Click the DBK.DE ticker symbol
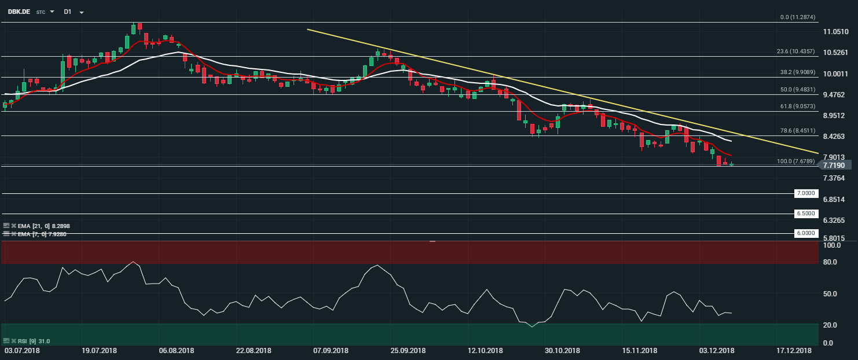(19, 12)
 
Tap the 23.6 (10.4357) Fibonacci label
(796, 52)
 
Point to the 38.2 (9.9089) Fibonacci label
(796, 72)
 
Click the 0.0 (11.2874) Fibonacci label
(798, 17)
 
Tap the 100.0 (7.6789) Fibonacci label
(796, 161)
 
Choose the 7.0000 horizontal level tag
(806, 193)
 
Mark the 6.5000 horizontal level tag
(806, 214)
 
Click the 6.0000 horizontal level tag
(806, 233)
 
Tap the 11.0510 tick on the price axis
(836, 31)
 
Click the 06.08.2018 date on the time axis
(176, 351)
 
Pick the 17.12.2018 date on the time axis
(794, 351)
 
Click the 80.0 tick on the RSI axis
(830, 262)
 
